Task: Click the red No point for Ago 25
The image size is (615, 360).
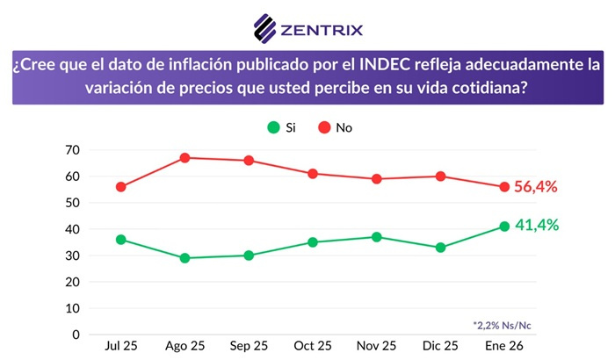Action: pos(184,158)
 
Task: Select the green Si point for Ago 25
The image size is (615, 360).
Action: pos(184,258)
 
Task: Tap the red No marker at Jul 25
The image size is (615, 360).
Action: pos(120,187)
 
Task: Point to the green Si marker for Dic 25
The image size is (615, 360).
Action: pos(440,248)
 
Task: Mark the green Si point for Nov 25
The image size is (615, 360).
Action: pos(376,237)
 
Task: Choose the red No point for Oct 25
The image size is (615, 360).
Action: pos(313,174)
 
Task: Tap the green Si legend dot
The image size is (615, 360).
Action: pos(273,127)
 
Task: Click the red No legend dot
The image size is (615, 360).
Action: pos(324,127)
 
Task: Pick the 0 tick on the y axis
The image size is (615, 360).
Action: pos(77,335)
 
